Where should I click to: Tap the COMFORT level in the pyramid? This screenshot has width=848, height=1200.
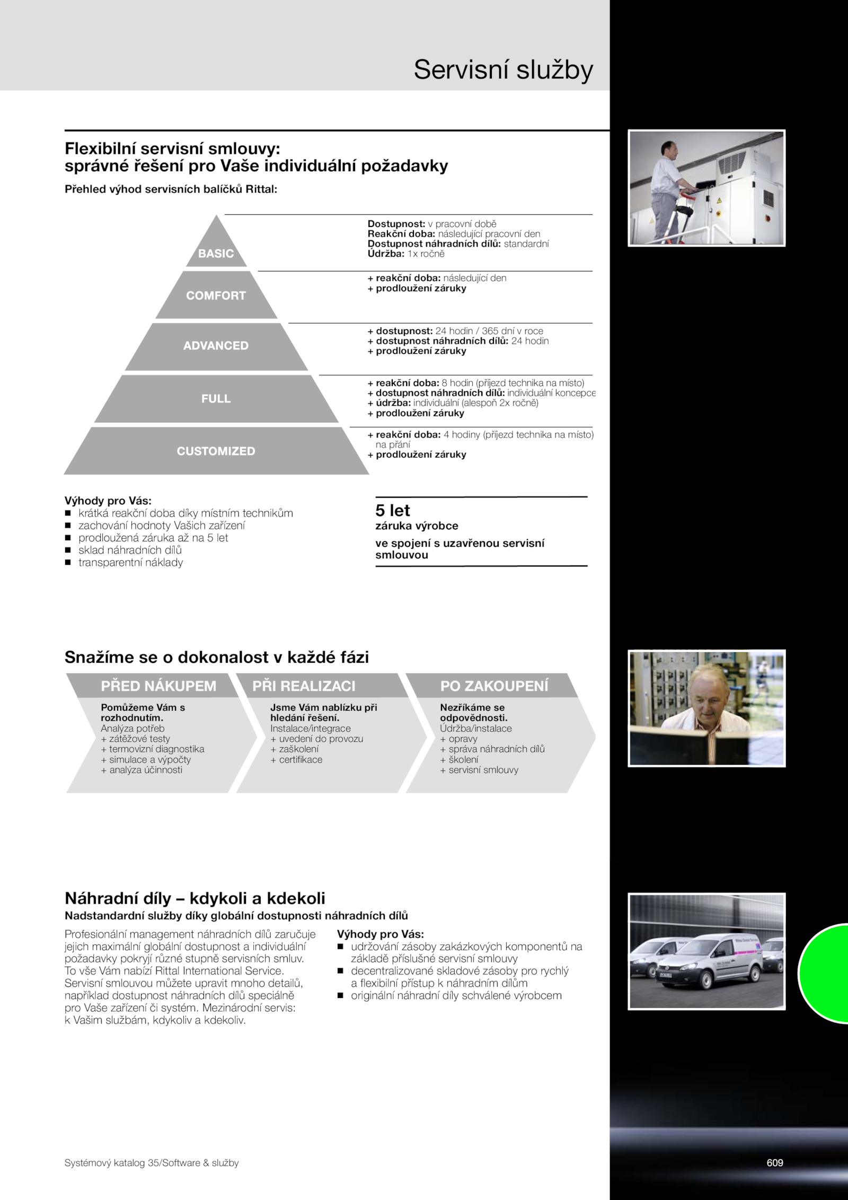pyautogui.click(x=216, y=295)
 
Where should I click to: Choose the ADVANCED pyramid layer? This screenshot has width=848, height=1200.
pyautogui.click(x=216, y=346)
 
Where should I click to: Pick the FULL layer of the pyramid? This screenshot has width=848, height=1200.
pyautogui.click(x=216, y=399)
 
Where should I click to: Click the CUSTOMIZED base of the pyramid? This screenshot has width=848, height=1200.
pyautogui.click(x=216, y=451)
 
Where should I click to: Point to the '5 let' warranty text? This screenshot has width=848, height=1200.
pyautogui.click(x=393, y=510)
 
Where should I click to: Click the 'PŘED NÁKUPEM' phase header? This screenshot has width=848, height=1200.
pyautogui.click(x=158, y=686)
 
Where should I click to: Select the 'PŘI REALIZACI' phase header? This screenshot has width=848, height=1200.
pyautogui.click(x=304, y=686)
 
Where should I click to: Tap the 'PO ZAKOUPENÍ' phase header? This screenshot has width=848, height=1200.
pyautogui.click(x=494, y=686)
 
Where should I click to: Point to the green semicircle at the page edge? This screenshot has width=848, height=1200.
pyautogui.click(x=824, y=973)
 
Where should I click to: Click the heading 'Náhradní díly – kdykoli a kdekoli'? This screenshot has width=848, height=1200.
pyautogui.click(x=195, y=898)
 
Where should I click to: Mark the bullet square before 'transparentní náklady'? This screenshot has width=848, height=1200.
pyautogui.click(x=67, y=563)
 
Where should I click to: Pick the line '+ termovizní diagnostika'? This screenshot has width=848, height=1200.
pyautogui.click(x=153, y=749)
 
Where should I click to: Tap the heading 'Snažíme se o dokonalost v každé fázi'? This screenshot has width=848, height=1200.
pyautogui.click(x=217, y=657)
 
